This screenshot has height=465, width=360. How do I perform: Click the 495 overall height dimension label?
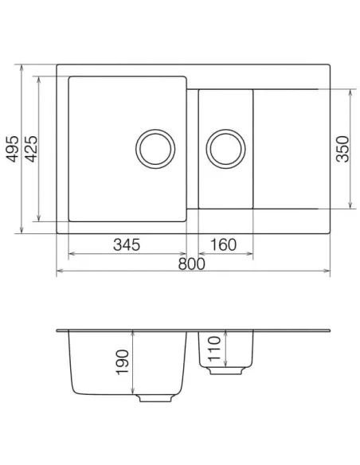13,149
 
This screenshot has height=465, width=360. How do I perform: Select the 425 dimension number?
31,149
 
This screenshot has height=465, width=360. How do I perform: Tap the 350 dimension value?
342,149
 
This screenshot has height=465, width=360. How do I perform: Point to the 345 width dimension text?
127,245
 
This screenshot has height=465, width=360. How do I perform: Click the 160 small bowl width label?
223,245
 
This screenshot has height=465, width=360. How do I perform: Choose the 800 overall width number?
192,264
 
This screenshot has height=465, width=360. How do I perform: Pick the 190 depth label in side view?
123,362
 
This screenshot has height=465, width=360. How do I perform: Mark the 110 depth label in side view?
214,349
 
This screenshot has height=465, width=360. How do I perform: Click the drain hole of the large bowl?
155,149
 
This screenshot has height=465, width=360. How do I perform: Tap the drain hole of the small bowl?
225,149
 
